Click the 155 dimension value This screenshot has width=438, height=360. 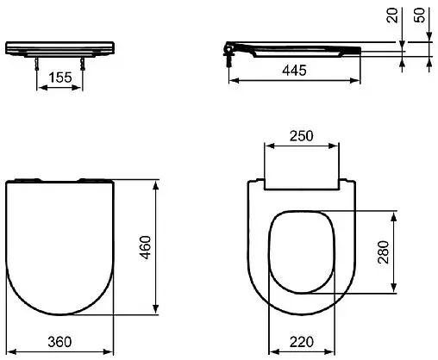coord(59,78)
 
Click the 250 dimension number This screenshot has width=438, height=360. coord(301,135)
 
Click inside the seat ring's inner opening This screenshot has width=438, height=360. coord(302,250)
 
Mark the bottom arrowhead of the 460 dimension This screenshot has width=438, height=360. coord(155,313)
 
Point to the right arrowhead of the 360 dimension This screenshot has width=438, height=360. coord(111,351)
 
